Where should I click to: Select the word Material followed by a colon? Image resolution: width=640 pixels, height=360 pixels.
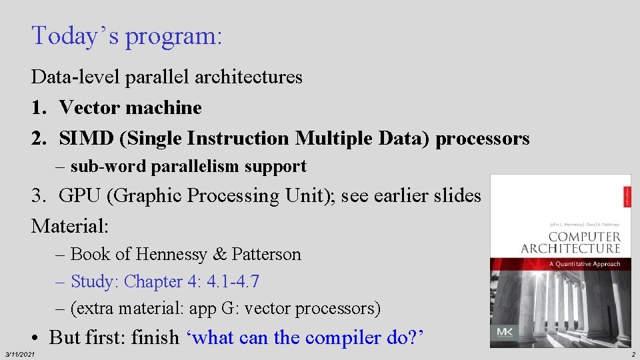[x=69, y=226]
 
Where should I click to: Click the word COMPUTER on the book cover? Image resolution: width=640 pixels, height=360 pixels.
[x=584, y=237]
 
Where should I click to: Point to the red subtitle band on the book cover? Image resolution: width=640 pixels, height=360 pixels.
[x=560, y=264]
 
